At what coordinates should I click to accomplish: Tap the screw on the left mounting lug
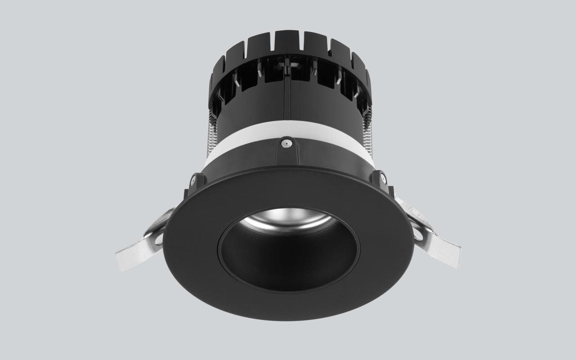(x=193, y=180)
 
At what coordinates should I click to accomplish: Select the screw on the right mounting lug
(x=383, y=178)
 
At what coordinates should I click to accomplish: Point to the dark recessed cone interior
(x=288, y=261)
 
